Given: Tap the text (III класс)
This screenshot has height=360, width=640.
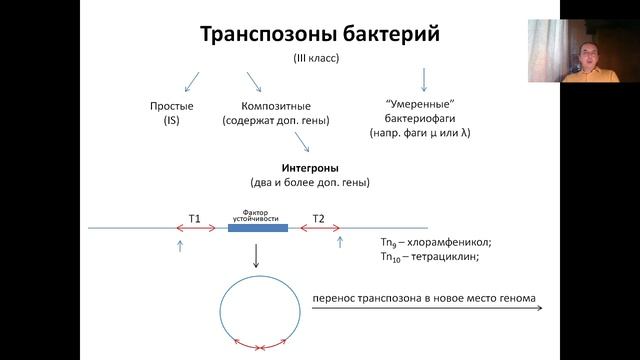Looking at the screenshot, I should [x=316, y=59].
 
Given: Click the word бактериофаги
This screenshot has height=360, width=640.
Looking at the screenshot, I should [x=421, y=118].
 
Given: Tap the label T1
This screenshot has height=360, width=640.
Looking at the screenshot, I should [x=195, y=218].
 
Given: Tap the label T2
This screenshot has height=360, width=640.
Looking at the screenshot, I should [x=318, y=218].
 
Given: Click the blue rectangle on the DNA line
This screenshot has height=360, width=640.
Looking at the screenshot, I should [x=257, y=228].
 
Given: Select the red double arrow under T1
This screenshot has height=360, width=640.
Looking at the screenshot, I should [x=196, y=229].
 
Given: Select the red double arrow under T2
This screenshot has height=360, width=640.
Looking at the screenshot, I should [x=317, y=229].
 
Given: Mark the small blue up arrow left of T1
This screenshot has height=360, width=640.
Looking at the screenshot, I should [x=180, y=243].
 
